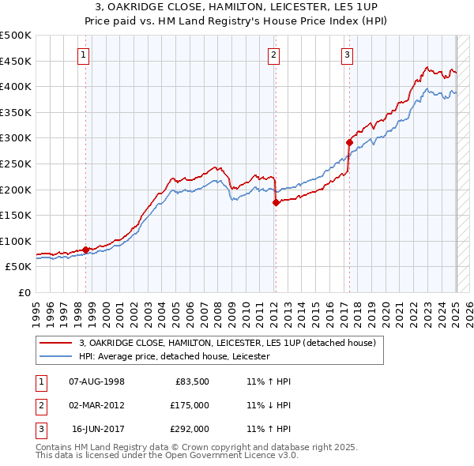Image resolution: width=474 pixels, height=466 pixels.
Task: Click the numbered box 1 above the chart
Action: click(84, 54)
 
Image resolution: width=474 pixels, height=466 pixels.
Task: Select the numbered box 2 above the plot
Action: click(273, 54)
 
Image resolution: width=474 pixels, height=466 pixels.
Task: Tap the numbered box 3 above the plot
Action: click(348, 54)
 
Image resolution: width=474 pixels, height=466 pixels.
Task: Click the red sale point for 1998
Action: click(85, 250)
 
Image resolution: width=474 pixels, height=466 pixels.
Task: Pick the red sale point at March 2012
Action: click(276, 202)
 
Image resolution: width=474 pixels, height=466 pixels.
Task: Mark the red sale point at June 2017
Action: click(349, 142)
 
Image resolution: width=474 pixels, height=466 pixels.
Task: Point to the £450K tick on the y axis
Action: click(16, 61)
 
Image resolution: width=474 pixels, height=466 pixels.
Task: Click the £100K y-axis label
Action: click(16, 241)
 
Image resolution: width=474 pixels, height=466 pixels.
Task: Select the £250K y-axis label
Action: click(16, 163)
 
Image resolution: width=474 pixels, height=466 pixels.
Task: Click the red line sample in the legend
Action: click(56, 344)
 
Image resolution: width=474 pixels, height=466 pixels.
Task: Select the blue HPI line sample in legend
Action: click(56, 356)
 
